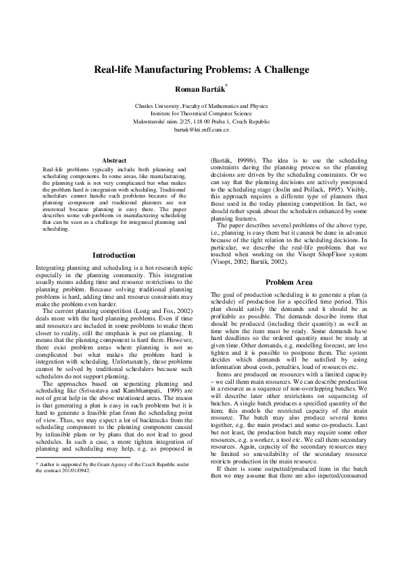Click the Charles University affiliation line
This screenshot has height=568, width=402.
(201, 106)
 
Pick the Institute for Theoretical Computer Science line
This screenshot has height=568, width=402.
(201, 113)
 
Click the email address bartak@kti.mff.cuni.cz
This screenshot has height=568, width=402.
(201, 128)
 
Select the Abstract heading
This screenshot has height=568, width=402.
(114, 160)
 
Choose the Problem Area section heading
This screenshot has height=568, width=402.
(288, 282)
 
